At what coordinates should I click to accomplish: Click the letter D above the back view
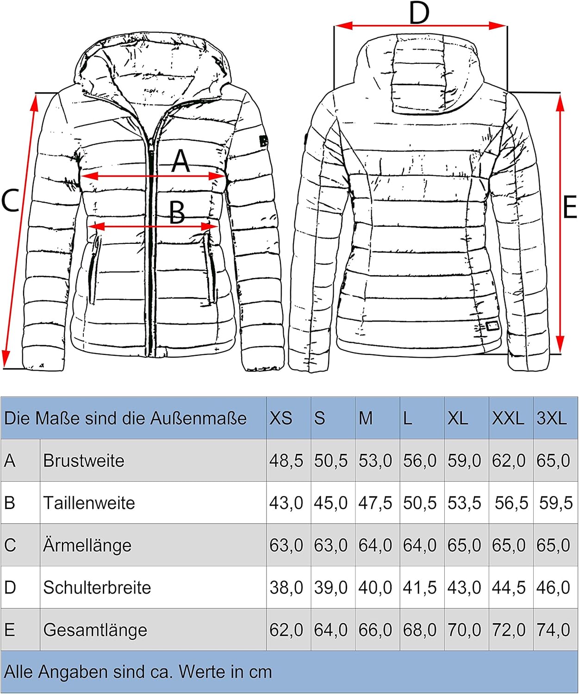point(419,13)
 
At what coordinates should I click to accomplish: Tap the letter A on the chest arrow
point(180,161)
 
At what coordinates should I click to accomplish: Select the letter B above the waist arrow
point(177,213)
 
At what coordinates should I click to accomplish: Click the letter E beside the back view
point(570,207)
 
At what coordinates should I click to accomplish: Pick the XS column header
point(280,418)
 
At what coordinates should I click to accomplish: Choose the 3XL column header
point(551,418)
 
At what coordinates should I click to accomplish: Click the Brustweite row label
point(84,461)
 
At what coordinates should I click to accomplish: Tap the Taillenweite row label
point(89,503)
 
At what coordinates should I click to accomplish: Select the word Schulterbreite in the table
point(97,588)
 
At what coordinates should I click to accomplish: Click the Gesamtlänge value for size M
point(375,630)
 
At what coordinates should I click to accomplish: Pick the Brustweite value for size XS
point(286,461)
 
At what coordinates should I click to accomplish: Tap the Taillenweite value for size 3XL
point(556,503)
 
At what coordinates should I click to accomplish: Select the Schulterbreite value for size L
point(420,588)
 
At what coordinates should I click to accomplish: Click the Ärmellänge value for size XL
point(464,545)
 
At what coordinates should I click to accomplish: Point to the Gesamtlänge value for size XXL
point(509,630)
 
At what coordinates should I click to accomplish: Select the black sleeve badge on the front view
point(263,141)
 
